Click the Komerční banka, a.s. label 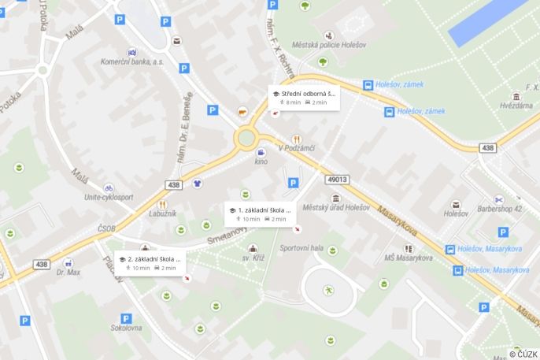click(x=132, y=61)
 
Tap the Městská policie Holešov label click(x=328, y=45)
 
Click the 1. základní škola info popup click(x=261, y=213)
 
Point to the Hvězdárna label click(x=516, y=105)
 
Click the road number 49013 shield click(x=338, y=179)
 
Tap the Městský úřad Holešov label click(x=336, y=207)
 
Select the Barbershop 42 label click(x=500, y=209)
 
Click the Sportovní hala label click(x=301, y=248)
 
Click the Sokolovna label click(x=126, y=327)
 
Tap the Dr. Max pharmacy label click(x=68, y=273)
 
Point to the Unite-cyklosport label click(x=108, y=197)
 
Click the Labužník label click(x=163, y=213)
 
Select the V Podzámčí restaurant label click(x=297, y=147)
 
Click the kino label click(x=261, y=161)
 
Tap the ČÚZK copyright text click(x=523, y=354)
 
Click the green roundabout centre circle click(x=246, y=139)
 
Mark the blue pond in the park click(x=488, y=19)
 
